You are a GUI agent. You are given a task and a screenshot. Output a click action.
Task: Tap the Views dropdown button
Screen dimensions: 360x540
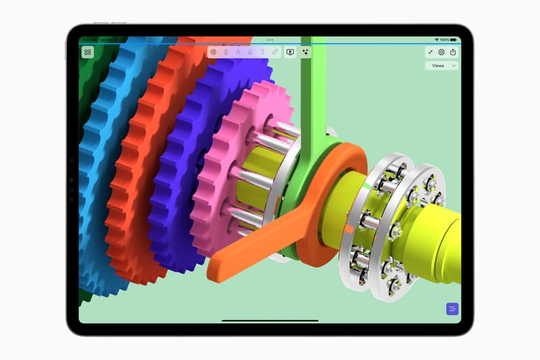[x=441, y=66]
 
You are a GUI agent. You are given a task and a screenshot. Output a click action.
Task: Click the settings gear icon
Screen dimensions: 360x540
[x=441, y=52]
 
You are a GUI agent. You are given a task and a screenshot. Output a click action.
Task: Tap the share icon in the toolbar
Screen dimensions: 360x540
[x=453, y=52]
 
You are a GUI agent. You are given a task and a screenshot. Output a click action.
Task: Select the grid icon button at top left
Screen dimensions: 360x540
[x=88, y=52]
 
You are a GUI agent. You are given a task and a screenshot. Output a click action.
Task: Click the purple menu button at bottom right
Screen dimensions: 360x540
[x=452, y=309]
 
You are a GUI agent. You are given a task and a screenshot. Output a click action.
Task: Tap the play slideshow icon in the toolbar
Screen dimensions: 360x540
[x=290, y=51]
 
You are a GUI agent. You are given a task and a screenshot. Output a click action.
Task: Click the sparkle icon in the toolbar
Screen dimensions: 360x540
[x=306, y=51]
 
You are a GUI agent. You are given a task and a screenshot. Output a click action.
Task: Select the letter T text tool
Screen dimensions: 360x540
[x=262, y=51]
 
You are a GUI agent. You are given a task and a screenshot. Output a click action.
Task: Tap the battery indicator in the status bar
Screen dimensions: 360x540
[x=454, y=40]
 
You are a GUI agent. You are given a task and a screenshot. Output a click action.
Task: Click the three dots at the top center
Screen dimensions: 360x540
[x=270, y=40]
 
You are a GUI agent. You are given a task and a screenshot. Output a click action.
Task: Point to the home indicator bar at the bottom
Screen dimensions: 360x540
[x=270, y=321]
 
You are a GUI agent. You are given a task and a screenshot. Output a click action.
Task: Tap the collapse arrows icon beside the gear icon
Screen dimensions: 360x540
[x=430, y=52]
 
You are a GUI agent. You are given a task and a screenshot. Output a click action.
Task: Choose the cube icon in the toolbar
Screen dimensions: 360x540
[x=213, y=51]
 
